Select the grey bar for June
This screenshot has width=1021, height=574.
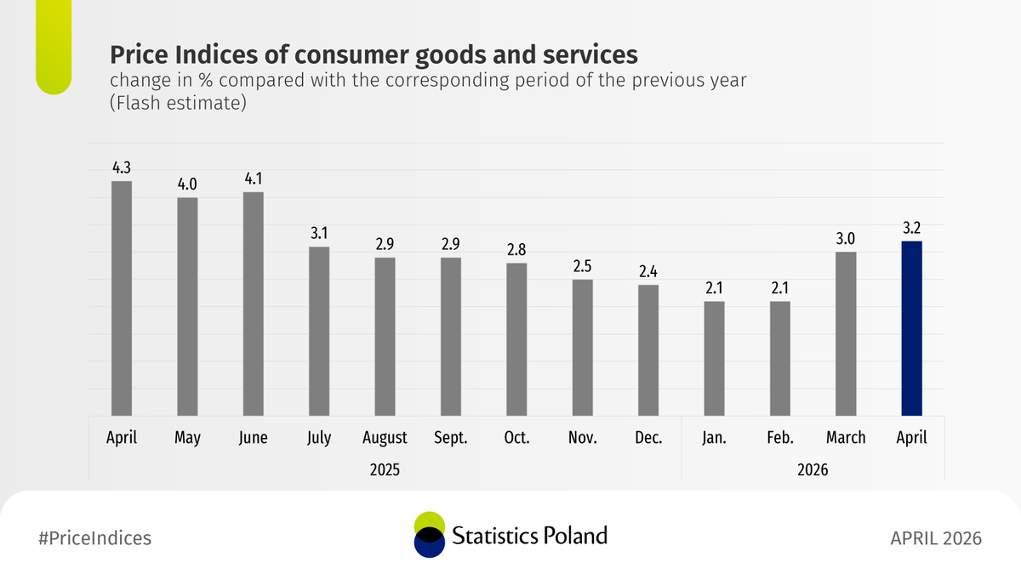point(254,304)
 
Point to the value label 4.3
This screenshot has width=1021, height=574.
point(122,168)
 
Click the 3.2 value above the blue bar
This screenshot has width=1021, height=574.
point(911,228)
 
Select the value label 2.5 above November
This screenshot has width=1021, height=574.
point(583,266)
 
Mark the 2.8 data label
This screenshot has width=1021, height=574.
point(516,250)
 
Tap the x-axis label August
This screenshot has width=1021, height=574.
point(385,438)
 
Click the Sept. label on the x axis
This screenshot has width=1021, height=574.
point(451,438)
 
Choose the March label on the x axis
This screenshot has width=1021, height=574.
point(846,438)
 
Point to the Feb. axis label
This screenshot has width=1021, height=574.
point(780,438)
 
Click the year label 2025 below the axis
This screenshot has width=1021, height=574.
point(385,469)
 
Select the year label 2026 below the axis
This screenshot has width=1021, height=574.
point(813,469)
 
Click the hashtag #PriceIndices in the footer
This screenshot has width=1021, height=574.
point(95,538)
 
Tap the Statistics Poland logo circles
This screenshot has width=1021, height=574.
point(429,535)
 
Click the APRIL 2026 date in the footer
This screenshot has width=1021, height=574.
point(936,538)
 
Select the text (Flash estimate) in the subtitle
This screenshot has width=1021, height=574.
point(178,104)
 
